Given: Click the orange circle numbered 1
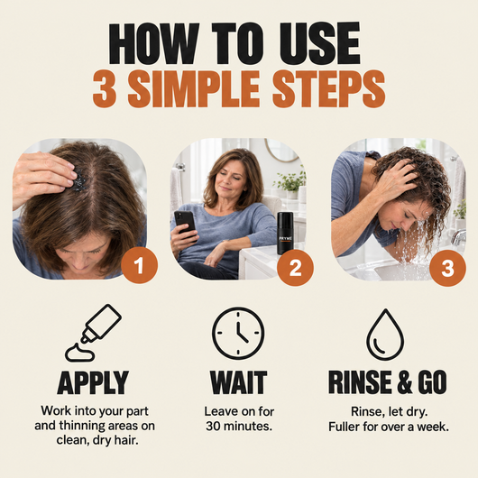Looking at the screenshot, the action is pyautogui.click(x=139, y=265).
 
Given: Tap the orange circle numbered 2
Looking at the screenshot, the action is pyautogui.click(x=295, y=268).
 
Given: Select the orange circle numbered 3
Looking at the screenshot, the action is pyautogui.click(x=447, y=268).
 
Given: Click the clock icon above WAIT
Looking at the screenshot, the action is pyautogui.click(x=238, y=333).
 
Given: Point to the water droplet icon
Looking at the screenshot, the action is pyautogui.click(x=385, y=335).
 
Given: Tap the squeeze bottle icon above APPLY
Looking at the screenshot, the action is pyautogui.click(x=93, y=333).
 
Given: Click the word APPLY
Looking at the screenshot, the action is pyautogui.click(x=93, y=382).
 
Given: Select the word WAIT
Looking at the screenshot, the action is pyautogui.click(x=238, y=382).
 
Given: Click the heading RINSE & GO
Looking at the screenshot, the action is pyautogui.click(x=388, y=382).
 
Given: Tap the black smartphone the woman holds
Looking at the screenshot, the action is pyautogui.click(x=185, y=223).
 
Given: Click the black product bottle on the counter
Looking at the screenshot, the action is pyautogui.click(x=285, y=234).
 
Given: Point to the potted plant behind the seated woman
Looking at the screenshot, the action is pyautogui.click(x=290, y=184).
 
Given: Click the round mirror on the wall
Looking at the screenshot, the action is pyautogui.click(x=282, y=151).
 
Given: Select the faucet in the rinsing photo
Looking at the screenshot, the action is pyautogui.click(x=458, y=237).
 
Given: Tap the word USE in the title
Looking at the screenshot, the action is pyautogui.click(x=320, y=43).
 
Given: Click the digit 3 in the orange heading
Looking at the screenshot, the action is pyautogui.click(x=105, y=89).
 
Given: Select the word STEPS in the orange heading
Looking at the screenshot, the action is pyautogui.click(x=329, y=89).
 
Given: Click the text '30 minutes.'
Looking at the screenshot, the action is pyautogui.click(x=239, y=427).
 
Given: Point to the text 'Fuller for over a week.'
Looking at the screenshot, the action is pyautogui.click(x=389, y=427).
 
